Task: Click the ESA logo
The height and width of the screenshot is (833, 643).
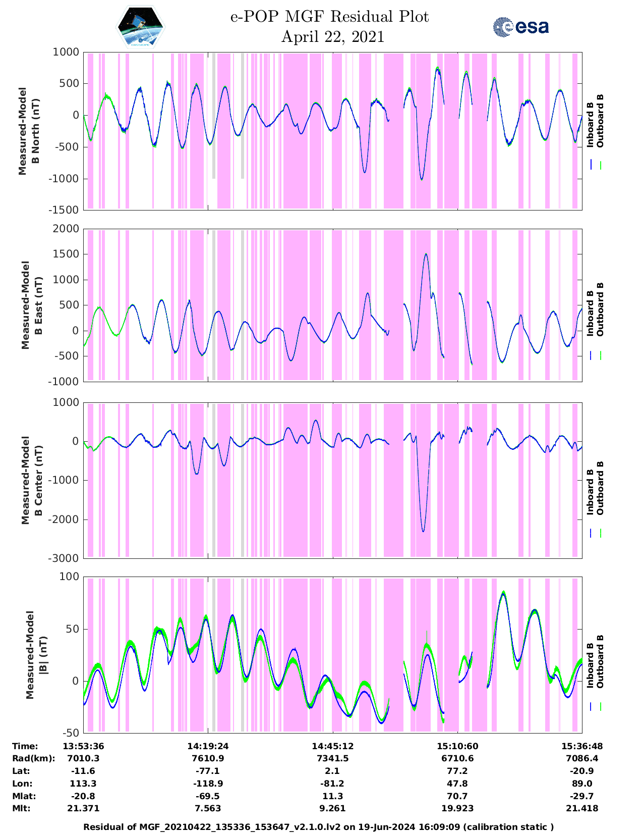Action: tap(520, 27)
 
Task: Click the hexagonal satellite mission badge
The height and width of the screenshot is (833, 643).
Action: tap(141, 27)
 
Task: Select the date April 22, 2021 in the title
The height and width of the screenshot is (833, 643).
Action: tap(332, 37)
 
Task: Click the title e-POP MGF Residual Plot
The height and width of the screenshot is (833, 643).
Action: tap(329, 17)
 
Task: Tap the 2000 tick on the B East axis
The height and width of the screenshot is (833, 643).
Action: tap(66, 229)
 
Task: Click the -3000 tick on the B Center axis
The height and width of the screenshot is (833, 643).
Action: tap(64, 558)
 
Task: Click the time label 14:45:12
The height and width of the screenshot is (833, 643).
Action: tap(332, 746)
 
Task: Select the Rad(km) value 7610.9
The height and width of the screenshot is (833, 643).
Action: tap(207, 758)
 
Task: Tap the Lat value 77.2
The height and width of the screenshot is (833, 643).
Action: tap(457, 771)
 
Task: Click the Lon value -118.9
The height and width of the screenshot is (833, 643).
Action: tap(207, 784)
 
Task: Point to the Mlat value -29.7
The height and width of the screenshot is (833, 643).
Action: tap(582, 796)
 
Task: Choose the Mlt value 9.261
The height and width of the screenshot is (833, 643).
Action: tap(332, 808)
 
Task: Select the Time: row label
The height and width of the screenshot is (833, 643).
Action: tap(25, 746)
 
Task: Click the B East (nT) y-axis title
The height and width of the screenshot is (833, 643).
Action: tap(31, 305)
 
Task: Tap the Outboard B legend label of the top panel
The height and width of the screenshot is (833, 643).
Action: tap(600, 121)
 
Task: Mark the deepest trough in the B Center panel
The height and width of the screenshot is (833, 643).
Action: tap(423, 531)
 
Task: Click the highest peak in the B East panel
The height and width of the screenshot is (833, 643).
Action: tap(426, 254)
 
